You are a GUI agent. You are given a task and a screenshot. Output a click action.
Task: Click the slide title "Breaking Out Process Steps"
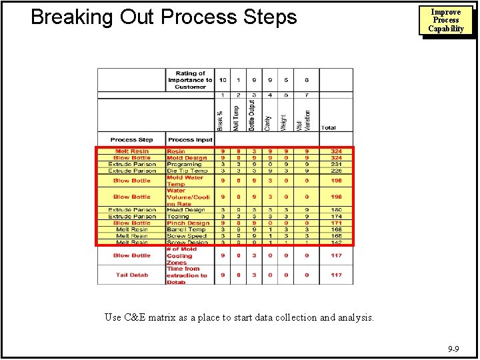[x=164, y=17]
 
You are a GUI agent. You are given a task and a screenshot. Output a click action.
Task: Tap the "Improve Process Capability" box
[x=446, y=21]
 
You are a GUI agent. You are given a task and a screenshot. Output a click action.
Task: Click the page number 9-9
[x=453, y=348]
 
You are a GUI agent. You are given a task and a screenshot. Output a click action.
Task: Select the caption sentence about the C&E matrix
[x=239, y=317]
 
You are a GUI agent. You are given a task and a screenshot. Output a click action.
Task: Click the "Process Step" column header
[x=131, y=140]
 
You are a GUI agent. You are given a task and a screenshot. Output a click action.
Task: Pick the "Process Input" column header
[x=190, y=140]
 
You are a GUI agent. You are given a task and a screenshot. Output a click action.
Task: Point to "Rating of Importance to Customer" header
[x=190, y=80]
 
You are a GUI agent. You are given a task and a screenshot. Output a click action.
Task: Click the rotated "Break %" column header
[x=222, y=119]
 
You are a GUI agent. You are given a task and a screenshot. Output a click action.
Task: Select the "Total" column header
[x=329, y=128]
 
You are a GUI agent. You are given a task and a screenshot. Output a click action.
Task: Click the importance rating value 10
[x=222, y=80]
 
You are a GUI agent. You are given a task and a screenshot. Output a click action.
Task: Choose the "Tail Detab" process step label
[x=131, y=275]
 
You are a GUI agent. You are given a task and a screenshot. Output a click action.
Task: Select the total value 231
[x=336, y=165]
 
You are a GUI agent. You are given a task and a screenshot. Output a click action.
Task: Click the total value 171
[x=336, y=223]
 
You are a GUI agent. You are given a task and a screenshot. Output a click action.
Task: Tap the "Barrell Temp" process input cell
[x=186, y=230]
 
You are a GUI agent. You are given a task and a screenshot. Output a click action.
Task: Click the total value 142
[x=336, y=243]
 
